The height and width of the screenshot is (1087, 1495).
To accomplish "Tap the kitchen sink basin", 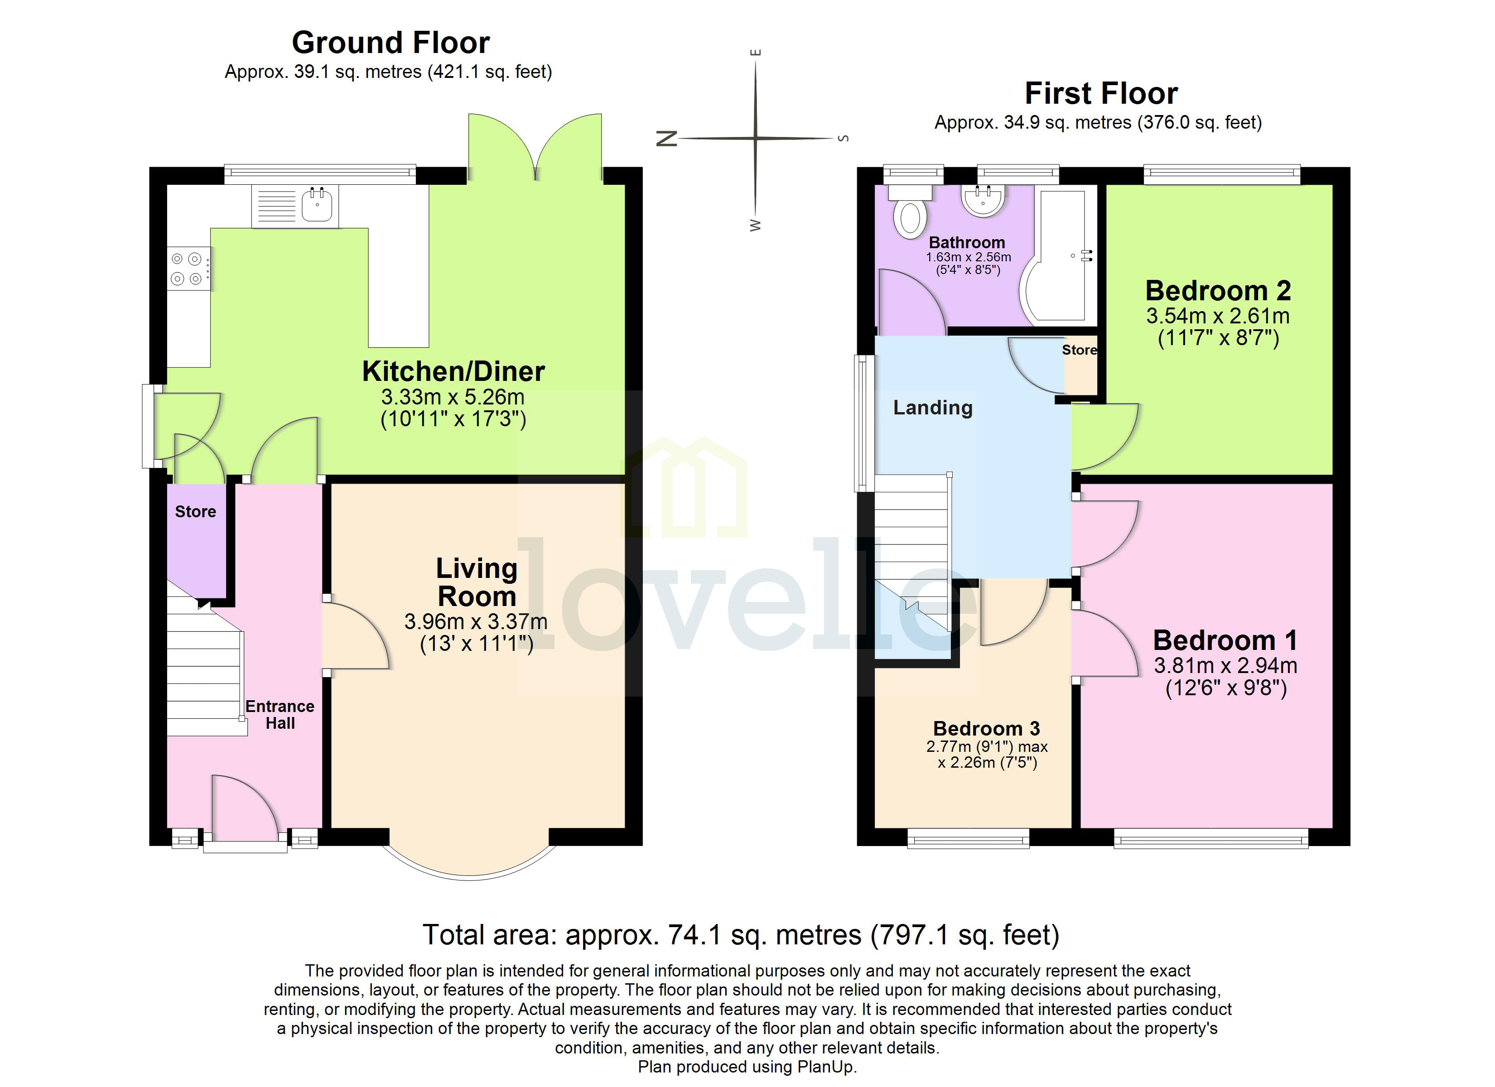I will click(316, 205).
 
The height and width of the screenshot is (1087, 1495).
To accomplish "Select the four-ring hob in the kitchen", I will click(187, 268).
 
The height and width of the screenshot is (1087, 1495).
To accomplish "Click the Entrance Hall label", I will click(280, 715).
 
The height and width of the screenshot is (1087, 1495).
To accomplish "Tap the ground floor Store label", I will click(195, 511).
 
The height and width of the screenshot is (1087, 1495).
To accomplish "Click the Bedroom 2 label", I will click(1217, 291).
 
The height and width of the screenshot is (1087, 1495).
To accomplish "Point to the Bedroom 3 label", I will click(986, 728).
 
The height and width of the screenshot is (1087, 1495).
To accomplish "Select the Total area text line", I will click(740, 935).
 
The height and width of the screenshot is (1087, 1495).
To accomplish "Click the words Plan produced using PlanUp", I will click(747, 1067).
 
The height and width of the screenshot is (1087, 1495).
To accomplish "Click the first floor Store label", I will click(1079, 350).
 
